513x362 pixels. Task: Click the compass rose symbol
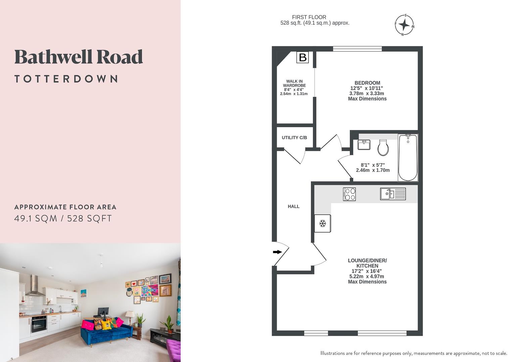point(404,25)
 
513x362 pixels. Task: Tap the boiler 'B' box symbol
point(302,57)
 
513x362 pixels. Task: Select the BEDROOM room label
point(367,83)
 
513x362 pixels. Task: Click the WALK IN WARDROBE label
point(294,83)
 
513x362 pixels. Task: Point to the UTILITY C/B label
point(294,138)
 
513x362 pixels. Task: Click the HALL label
point(293,206)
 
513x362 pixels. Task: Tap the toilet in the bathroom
point(383,148)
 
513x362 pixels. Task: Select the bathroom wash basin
point(364,145)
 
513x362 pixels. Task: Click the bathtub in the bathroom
point(408,158)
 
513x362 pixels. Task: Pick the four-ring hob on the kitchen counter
point(349,194)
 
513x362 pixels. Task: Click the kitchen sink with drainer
point(392,194)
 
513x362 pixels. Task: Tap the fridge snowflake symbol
point(323,223)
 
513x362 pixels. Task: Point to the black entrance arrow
point(277,252)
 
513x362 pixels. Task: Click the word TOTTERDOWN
point(66,79)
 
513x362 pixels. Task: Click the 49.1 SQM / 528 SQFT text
point(63,219)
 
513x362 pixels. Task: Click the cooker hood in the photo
point(35,286)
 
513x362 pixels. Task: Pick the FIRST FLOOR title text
point(309,17)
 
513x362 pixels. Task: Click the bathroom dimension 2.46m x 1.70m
point(373,170)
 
